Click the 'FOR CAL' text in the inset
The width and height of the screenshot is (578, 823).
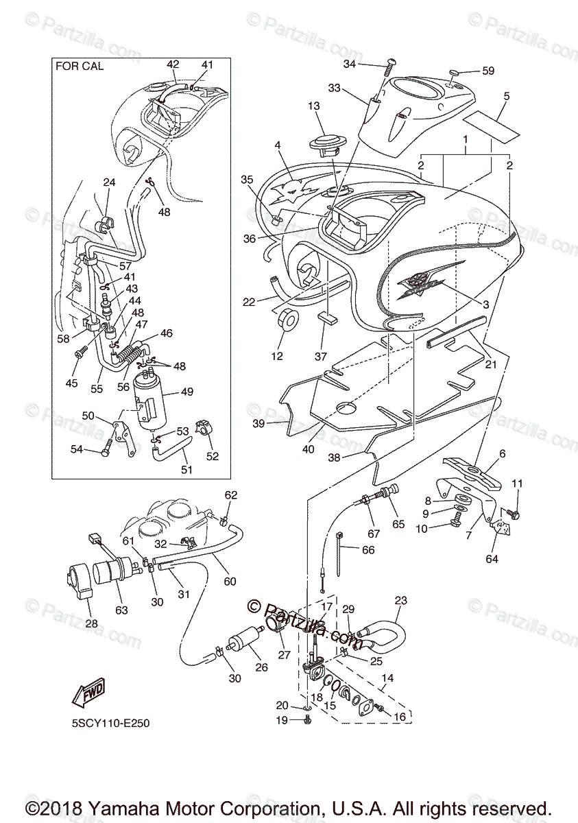tap(80, 67)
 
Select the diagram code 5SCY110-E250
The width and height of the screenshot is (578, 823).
tap(110, 723)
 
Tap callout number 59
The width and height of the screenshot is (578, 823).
tap(487, 71)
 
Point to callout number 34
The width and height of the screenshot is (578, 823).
tap(350, 64)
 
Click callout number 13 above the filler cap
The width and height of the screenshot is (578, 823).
tap(313, 106)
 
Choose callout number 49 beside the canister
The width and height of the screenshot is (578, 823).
tap(186, 392)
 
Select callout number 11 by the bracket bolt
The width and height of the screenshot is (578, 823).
tap(517, 484)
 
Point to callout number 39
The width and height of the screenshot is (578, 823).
tap(258, 424)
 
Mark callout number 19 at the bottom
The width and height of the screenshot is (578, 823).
tap(282, 720)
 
